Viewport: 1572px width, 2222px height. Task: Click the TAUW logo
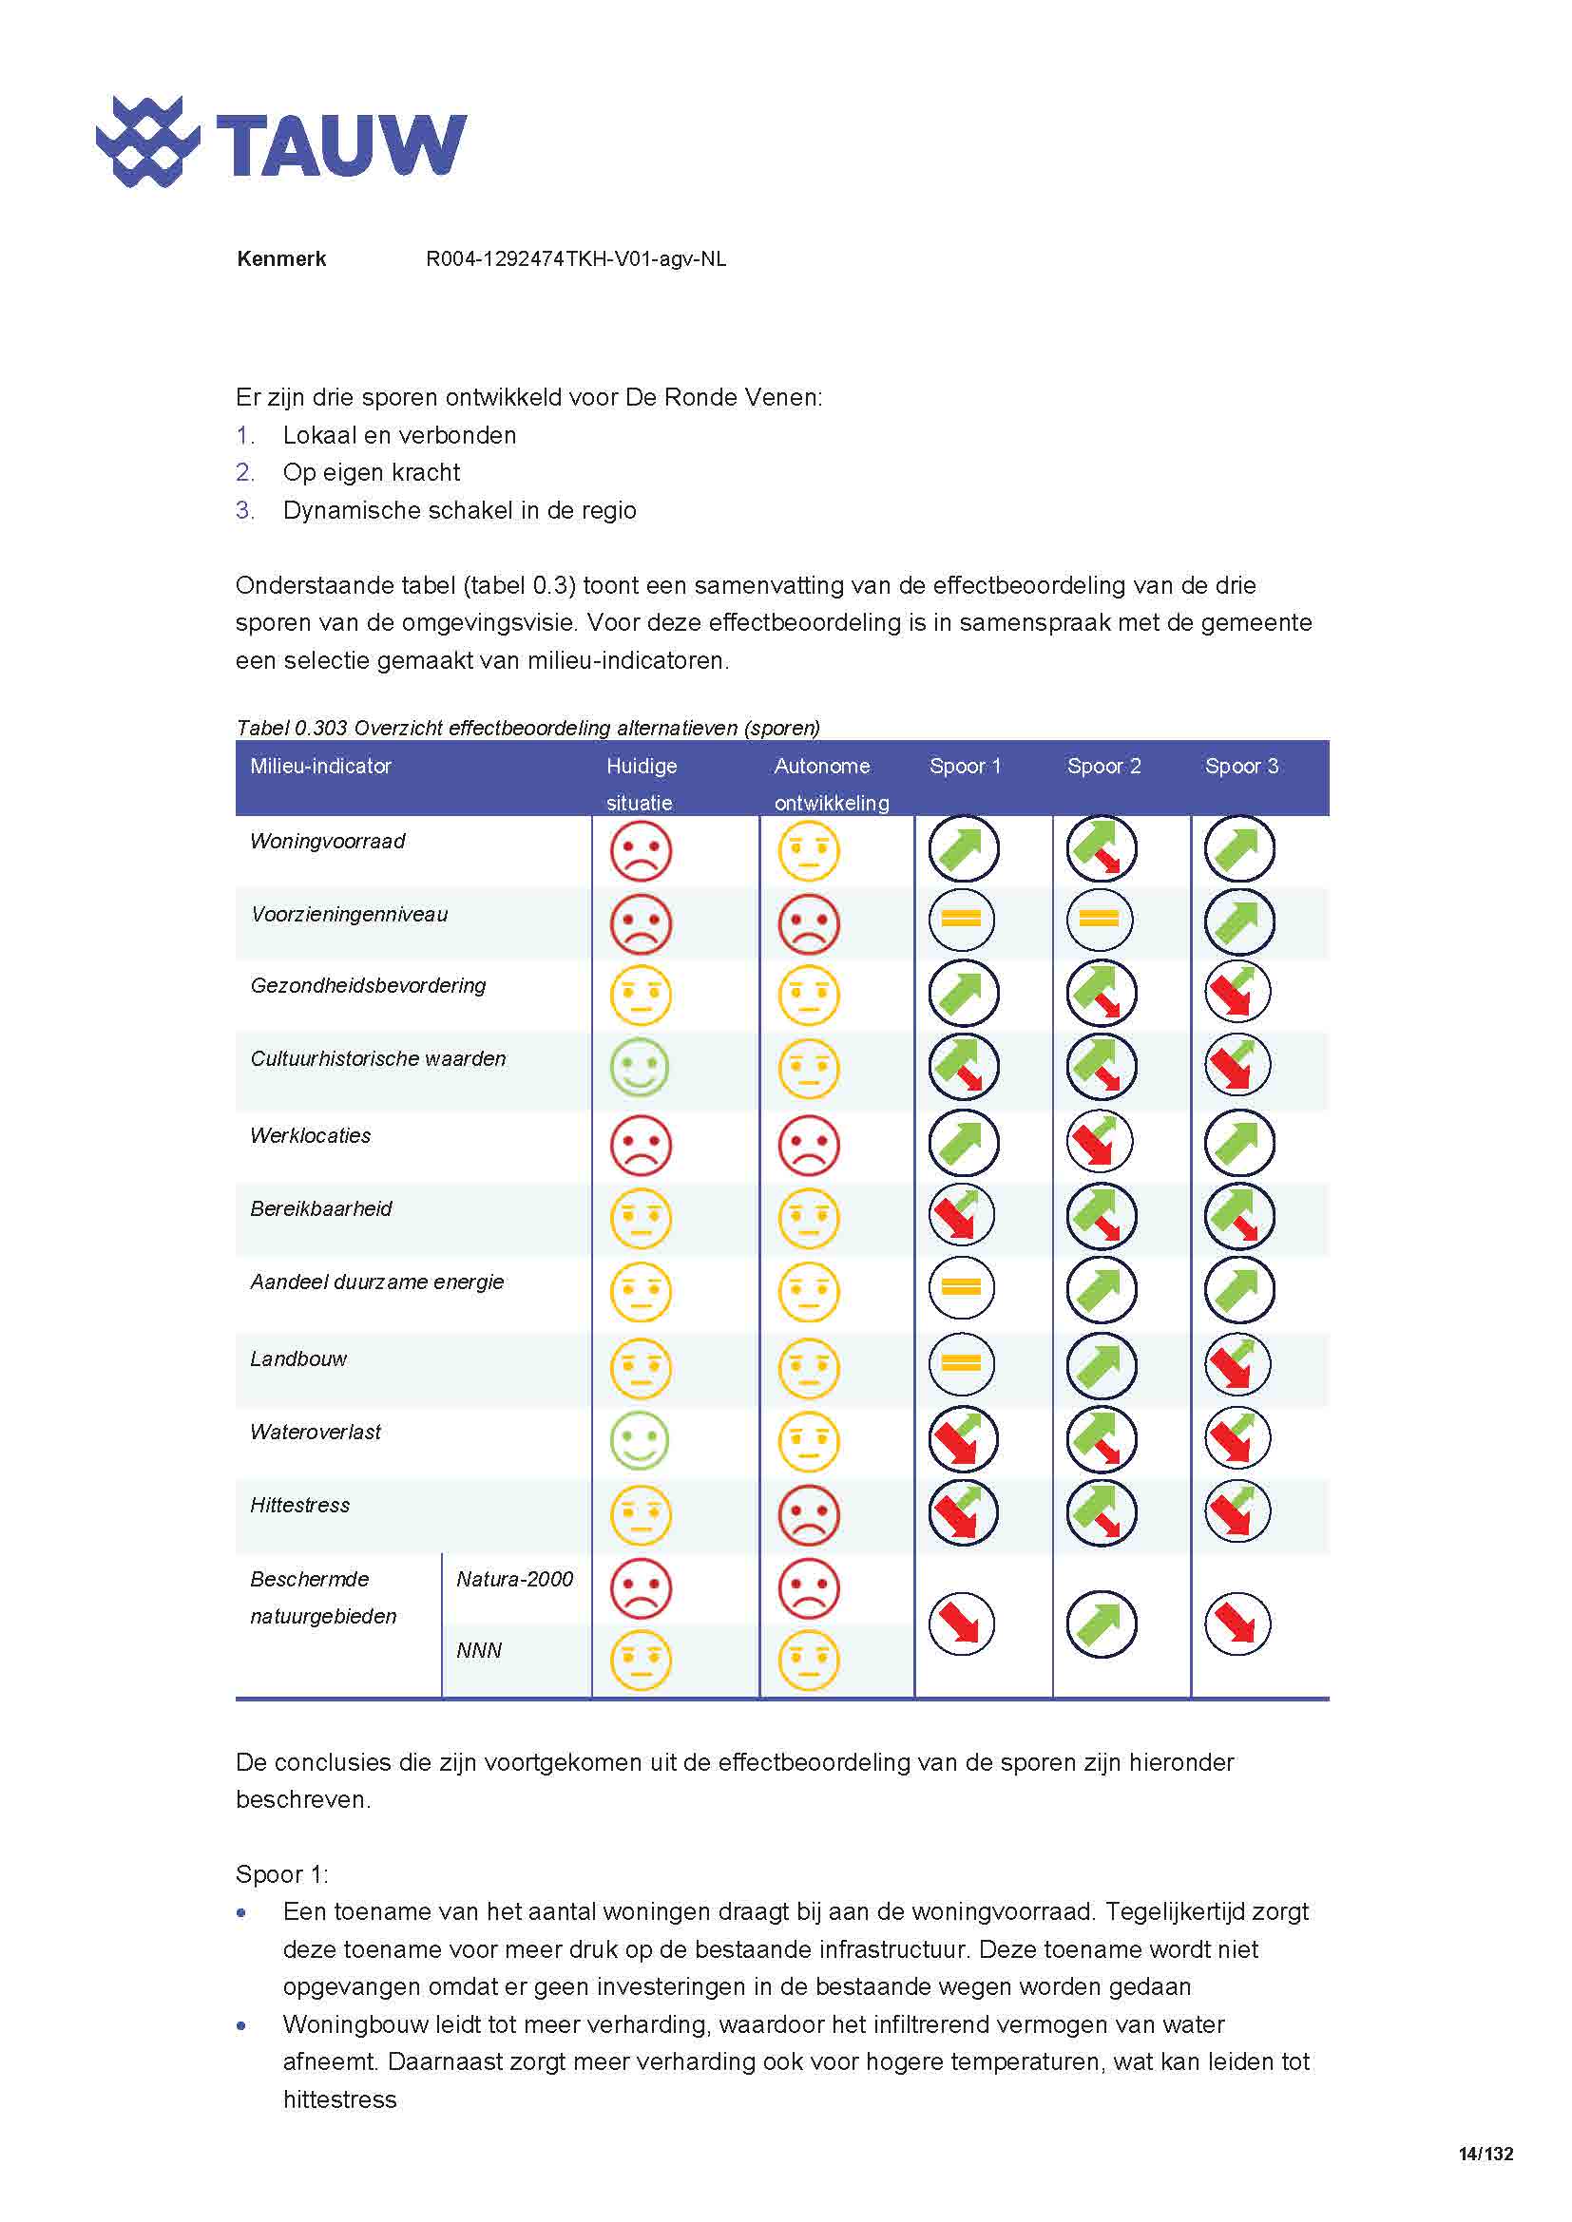tap(280, 142)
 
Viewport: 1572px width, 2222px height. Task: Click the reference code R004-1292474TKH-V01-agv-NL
tap(576, 259)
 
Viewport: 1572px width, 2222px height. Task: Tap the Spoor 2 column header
tap(1103, 767)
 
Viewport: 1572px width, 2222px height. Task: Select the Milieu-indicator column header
tap(320, 767)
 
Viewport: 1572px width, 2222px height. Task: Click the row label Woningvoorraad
tap(327, 841)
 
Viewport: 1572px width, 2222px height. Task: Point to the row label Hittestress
tap(300, 1505)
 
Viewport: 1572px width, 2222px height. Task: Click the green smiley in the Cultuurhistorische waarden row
tap(640, 1068)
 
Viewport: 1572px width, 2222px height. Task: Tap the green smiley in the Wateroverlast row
tap(640, 1440)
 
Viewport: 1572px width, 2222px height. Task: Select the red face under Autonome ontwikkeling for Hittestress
tap(808, 1514)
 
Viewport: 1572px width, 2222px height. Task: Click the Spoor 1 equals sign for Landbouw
tap(961, 1363)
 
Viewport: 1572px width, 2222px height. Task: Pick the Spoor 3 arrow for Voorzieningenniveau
tap(1239, 921)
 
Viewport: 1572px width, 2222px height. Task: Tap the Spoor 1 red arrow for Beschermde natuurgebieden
tap(961, 1624)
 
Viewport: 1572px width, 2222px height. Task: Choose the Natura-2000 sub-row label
tap(514, 1580)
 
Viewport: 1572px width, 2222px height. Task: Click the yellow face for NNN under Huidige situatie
tap(640, 1661)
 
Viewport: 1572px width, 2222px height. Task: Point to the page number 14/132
tap(1485, 2155)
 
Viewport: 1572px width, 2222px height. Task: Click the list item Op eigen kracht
tap(372, 472)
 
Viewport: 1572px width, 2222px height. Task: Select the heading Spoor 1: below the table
tap(281, 1874)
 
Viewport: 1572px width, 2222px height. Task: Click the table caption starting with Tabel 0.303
tap(527, 728)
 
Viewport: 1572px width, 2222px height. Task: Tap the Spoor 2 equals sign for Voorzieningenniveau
tap(1099, 920)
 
